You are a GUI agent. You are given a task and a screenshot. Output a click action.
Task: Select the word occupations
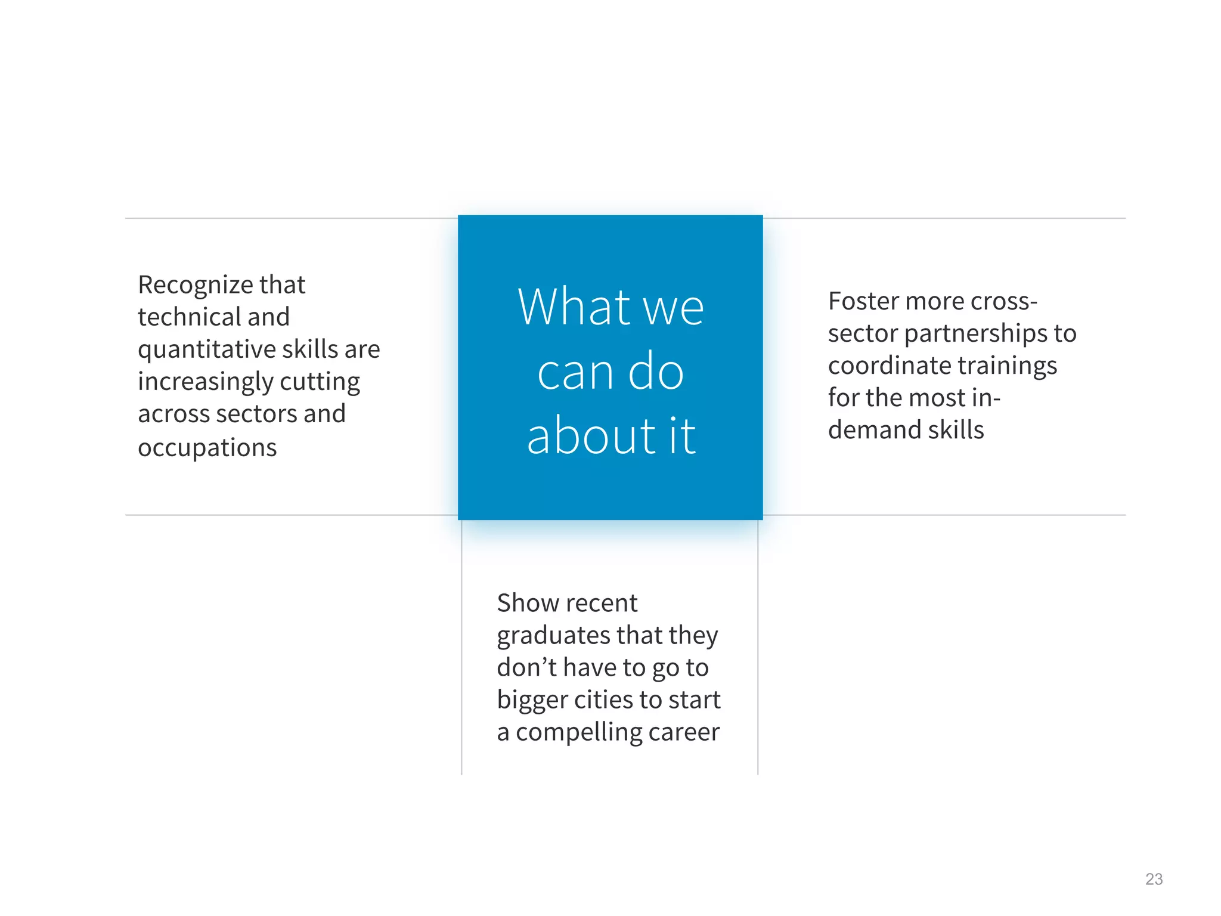coord(207,447)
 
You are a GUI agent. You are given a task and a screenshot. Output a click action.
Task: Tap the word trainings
coord(1007,366)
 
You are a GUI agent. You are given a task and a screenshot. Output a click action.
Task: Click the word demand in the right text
coord(868,430)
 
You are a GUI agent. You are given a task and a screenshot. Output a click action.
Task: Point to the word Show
coord(527,603)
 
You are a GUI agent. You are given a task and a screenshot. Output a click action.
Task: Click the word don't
coord(526,667)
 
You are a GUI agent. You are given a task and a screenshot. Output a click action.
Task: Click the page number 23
coord(1154,879)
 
